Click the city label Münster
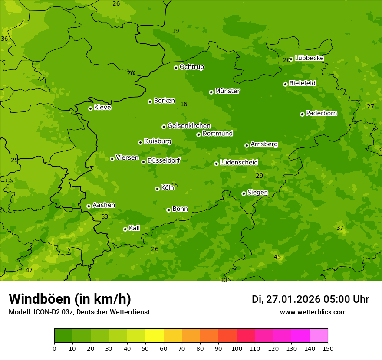pos(227,91)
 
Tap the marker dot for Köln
pos(157,189)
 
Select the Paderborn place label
pos(321,113)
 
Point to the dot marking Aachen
pos(89,206)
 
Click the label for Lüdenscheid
pos(239,163)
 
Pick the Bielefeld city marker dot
pos(285,84)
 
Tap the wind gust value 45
pos(277,257)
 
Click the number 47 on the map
pos(29,271)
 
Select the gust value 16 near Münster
pos(184,105)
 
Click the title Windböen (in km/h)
pos(70,299)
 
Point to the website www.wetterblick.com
pos(313,312)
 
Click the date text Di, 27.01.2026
pos(286,299)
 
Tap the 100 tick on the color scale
pos(237,348)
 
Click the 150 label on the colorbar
pos(328,348)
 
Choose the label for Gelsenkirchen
pos(189,126)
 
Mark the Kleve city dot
pos(90,108)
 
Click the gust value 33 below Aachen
pos(105,217)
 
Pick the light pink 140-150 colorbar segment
pos(319,336)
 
